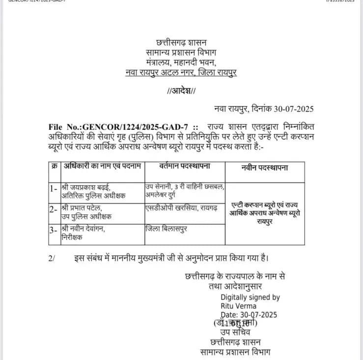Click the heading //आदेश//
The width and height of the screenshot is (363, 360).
pos(181,91)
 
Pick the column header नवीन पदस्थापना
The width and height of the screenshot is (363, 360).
pos(265,167)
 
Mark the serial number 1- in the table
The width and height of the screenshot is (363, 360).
pos(54,187)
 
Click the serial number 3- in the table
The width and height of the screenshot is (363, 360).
pos(54,229)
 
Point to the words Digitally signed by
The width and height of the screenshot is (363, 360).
pos(250,297)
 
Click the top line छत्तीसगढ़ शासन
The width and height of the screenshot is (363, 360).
pos(180,42)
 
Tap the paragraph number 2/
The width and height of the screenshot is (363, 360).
pos(53,257)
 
